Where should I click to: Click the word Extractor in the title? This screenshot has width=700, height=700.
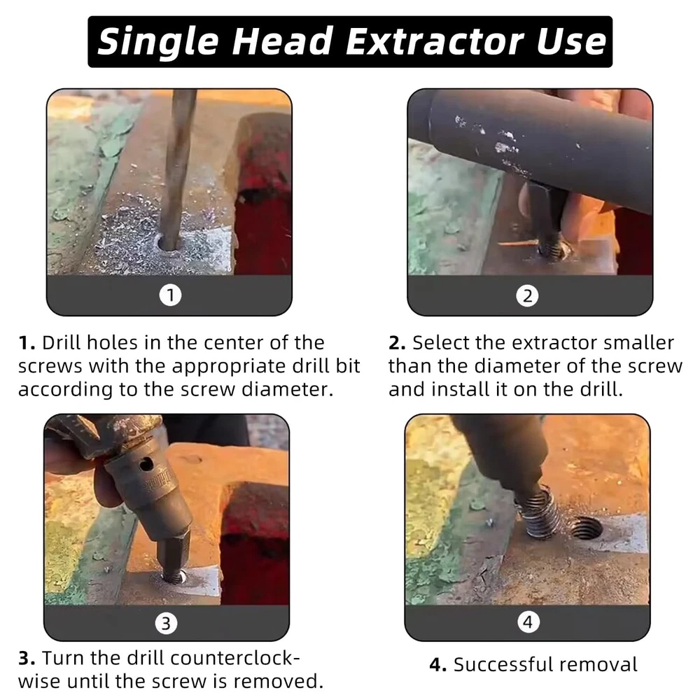click(435, 41)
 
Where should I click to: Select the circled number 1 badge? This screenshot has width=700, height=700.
click(170, 295)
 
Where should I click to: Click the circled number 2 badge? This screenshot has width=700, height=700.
click(527, 295)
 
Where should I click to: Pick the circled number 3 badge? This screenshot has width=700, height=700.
click(166, 623)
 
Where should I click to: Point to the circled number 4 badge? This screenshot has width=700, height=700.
click(528, 622)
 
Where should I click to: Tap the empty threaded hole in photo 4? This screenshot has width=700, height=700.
click(585, 528)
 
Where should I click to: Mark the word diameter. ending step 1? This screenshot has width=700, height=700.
click(288, 389)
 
